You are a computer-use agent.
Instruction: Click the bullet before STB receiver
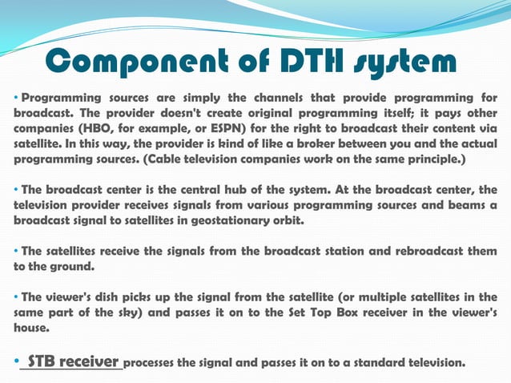coord(16,362)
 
